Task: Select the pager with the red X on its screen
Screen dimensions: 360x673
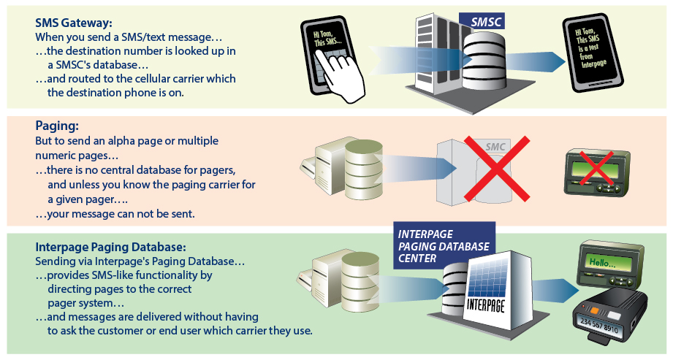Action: point(599,172)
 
